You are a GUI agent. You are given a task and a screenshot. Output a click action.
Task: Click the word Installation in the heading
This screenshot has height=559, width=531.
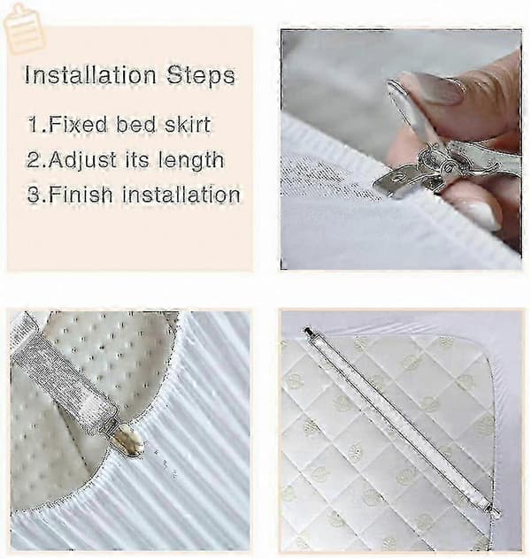coord(90,75)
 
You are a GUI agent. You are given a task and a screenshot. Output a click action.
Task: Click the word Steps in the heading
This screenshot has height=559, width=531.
coord(201,76)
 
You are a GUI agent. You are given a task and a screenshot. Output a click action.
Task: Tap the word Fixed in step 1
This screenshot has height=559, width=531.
coord(78,125)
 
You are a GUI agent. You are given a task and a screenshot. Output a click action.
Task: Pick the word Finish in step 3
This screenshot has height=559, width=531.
coord(81,195)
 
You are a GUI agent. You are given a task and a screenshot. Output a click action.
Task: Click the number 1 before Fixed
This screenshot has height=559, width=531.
coord(35,125)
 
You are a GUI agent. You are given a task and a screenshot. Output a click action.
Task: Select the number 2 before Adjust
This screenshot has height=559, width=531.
coord(34,160)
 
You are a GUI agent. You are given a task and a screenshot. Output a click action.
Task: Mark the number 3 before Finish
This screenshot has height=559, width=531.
coord(34,195)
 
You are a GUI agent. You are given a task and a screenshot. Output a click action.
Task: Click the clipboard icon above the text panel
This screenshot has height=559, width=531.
coord(24,28)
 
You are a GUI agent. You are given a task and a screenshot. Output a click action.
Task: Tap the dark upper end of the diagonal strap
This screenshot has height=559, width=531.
coord(308,332)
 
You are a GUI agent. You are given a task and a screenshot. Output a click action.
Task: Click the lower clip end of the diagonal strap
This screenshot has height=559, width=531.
coord(494,509)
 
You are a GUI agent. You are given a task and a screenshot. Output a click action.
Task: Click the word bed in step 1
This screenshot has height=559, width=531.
coord(136,125)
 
